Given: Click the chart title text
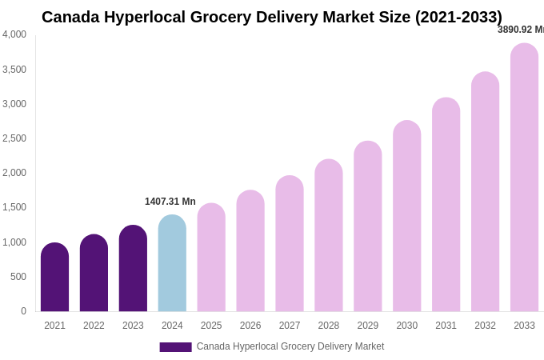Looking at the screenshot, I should click(272, 17).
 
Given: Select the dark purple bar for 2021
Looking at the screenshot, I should click(54, 278).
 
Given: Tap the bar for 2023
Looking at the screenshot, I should click(133, 269).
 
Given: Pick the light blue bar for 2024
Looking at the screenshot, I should click(172, 264).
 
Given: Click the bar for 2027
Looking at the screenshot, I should click(290, 244).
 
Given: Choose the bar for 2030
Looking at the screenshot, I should click(407, 217).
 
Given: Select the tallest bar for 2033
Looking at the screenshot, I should click(524, 178).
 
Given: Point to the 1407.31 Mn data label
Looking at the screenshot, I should click(170, 202).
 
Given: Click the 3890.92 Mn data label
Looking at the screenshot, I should click(521, 30).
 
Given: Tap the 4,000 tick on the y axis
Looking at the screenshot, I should click(14, 34).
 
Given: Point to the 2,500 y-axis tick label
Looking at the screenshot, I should click(14, 138).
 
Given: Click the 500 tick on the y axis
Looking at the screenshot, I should click(18, 277).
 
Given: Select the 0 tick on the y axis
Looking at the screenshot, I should click(23, 311).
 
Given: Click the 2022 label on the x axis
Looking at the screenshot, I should click(94, 326).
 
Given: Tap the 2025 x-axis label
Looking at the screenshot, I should click(211, 326).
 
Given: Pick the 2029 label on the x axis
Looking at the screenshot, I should click(368, 326).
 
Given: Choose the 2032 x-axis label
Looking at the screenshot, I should click(485, 326).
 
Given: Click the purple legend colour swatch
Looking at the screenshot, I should click(175, 347).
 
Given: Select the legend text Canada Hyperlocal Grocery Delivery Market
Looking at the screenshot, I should click(290, 346).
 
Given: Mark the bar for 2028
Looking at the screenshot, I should click(329, 236).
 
